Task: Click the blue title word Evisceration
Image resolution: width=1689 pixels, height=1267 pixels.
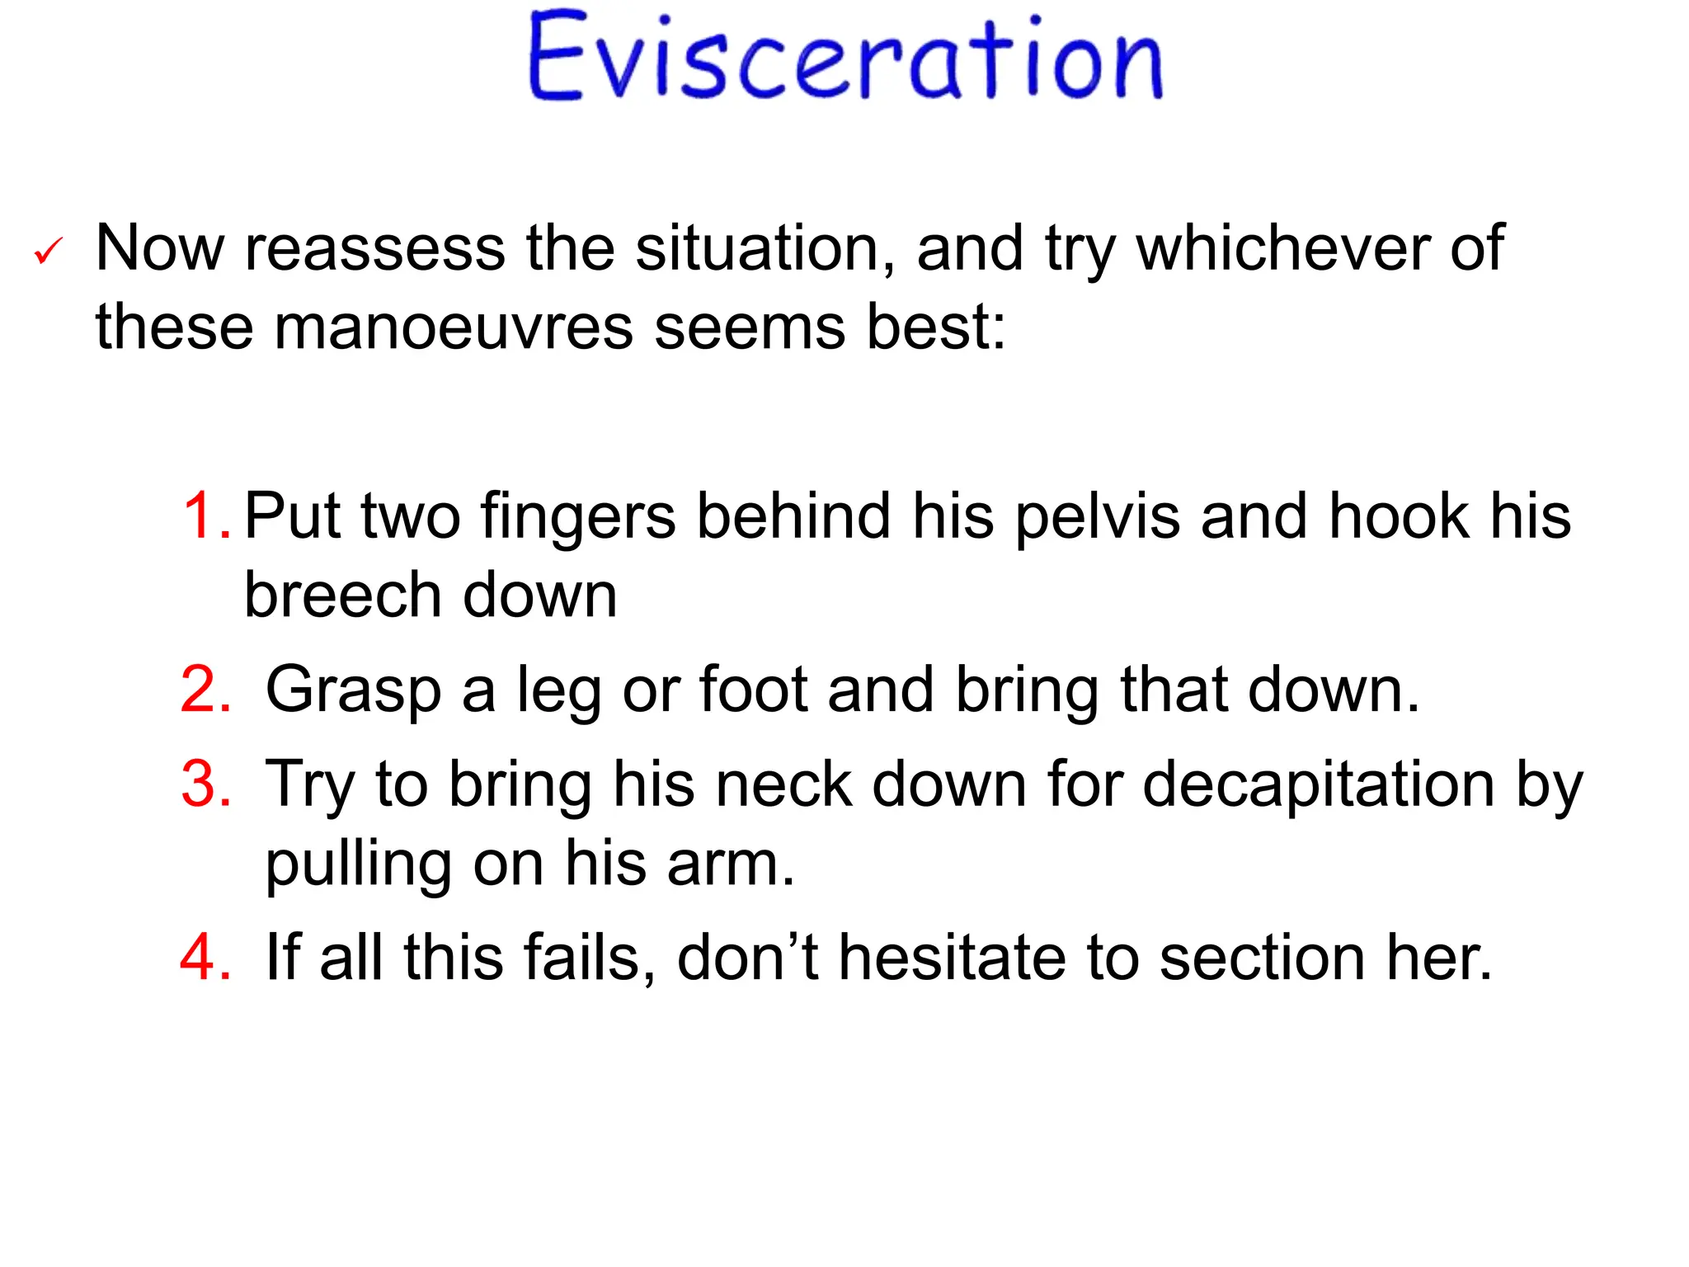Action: coord(845,58)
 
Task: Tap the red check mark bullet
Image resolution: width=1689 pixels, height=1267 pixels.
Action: coord(49,251)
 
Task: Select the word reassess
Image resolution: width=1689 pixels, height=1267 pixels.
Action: coord(375,248)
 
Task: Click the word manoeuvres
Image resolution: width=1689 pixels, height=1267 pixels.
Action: coord(454,328)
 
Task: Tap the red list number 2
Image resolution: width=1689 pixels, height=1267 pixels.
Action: coord(205,690)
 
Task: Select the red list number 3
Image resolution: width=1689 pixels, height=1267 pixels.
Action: coord(205,784)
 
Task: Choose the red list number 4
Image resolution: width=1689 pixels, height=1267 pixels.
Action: coord(205,958)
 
